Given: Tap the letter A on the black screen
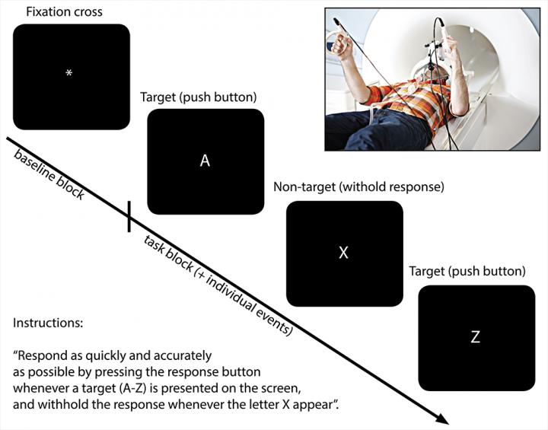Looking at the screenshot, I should point(205,161).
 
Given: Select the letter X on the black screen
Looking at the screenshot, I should point(343,253).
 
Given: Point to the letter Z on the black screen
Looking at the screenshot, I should point(475,337).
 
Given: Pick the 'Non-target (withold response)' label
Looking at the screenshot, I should point(358,186).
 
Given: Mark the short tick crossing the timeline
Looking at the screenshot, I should point(129,216).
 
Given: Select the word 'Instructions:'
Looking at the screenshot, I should point(47,323).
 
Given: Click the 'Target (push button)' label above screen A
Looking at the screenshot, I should point(199,97).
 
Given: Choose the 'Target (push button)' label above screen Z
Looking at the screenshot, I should point(467,271).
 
